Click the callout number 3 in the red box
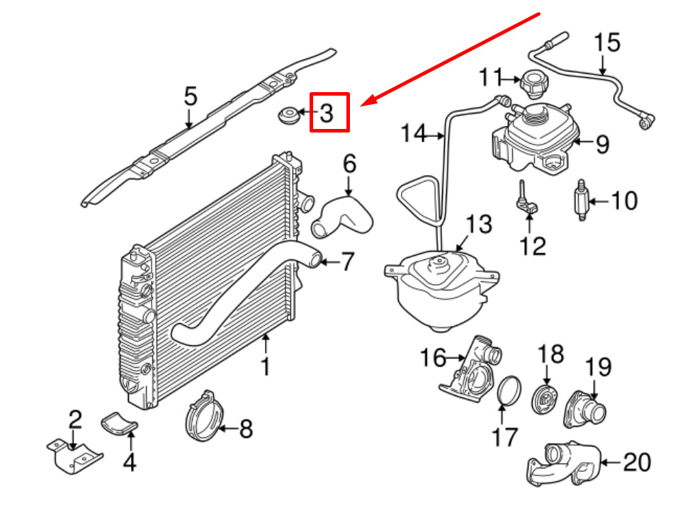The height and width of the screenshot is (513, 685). (x=327, y=113)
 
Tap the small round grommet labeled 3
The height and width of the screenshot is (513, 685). (x=289, y=115)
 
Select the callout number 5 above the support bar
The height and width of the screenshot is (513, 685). (x=191, y=96)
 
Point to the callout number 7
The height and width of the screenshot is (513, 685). (x=347, y=261)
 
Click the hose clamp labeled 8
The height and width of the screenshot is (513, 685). (x=204, y=415)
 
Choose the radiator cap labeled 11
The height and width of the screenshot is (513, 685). (x=534, y=84)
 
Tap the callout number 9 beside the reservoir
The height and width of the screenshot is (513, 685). (x=603, y=145)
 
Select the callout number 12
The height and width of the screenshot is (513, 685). (x=533, y=247)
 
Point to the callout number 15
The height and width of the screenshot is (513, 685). (x=607, y=43)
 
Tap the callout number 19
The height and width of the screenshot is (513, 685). (x=599, y=367)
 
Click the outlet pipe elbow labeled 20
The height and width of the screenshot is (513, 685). (x=564, y=464)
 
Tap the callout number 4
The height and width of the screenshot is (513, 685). (x=130, y=463)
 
